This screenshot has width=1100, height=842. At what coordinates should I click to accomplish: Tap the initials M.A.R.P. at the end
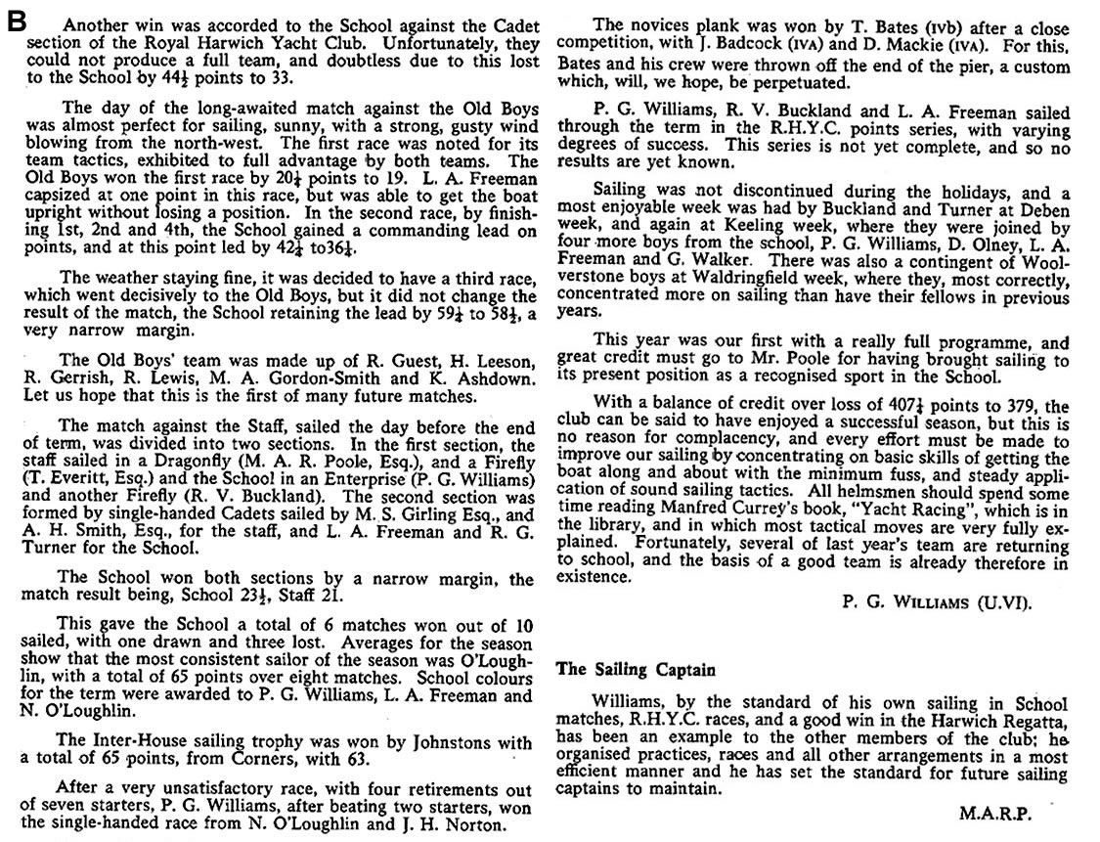point(1009,812)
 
